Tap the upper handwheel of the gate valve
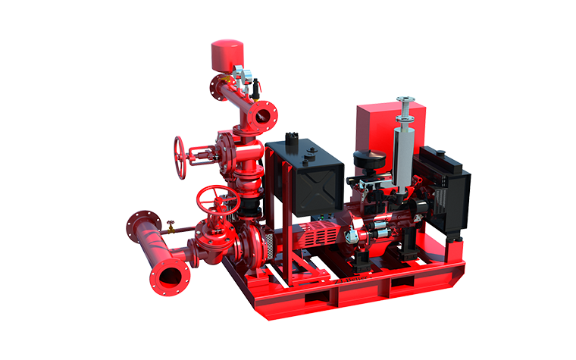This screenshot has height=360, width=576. (180, 157)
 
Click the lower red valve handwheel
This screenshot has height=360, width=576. (218, 199)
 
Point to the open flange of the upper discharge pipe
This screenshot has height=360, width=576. (265, 116)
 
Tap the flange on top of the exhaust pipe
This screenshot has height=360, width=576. (405, 100)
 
